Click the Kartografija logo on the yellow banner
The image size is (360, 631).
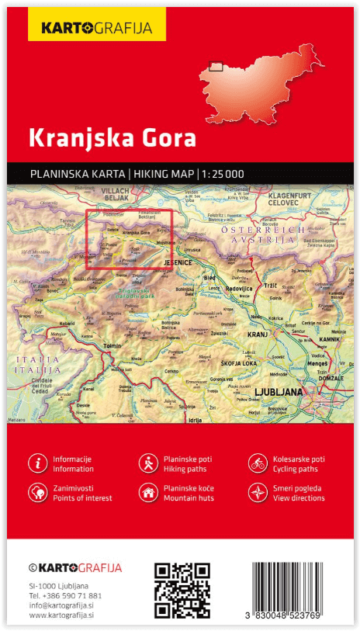click(x=90, y=29)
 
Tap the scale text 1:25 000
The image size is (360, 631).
click(x=223, y=174)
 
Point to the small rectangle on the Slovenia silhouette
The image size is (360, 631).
click(x=216, y=66)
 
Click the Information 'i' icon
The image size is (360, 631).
click(x=37, y=463)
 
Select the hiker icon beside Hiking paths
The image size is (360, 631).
click(x=147, y=463)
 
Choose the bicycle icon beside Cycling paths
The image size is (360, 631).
click(x=258, y=463)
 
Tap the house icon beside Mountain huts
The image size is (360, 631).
click(x=147, y=492)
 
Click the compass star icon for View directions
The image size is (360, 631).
click(x=258, y=492)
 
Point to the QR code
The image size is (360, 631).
click(x=182, y=589)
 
